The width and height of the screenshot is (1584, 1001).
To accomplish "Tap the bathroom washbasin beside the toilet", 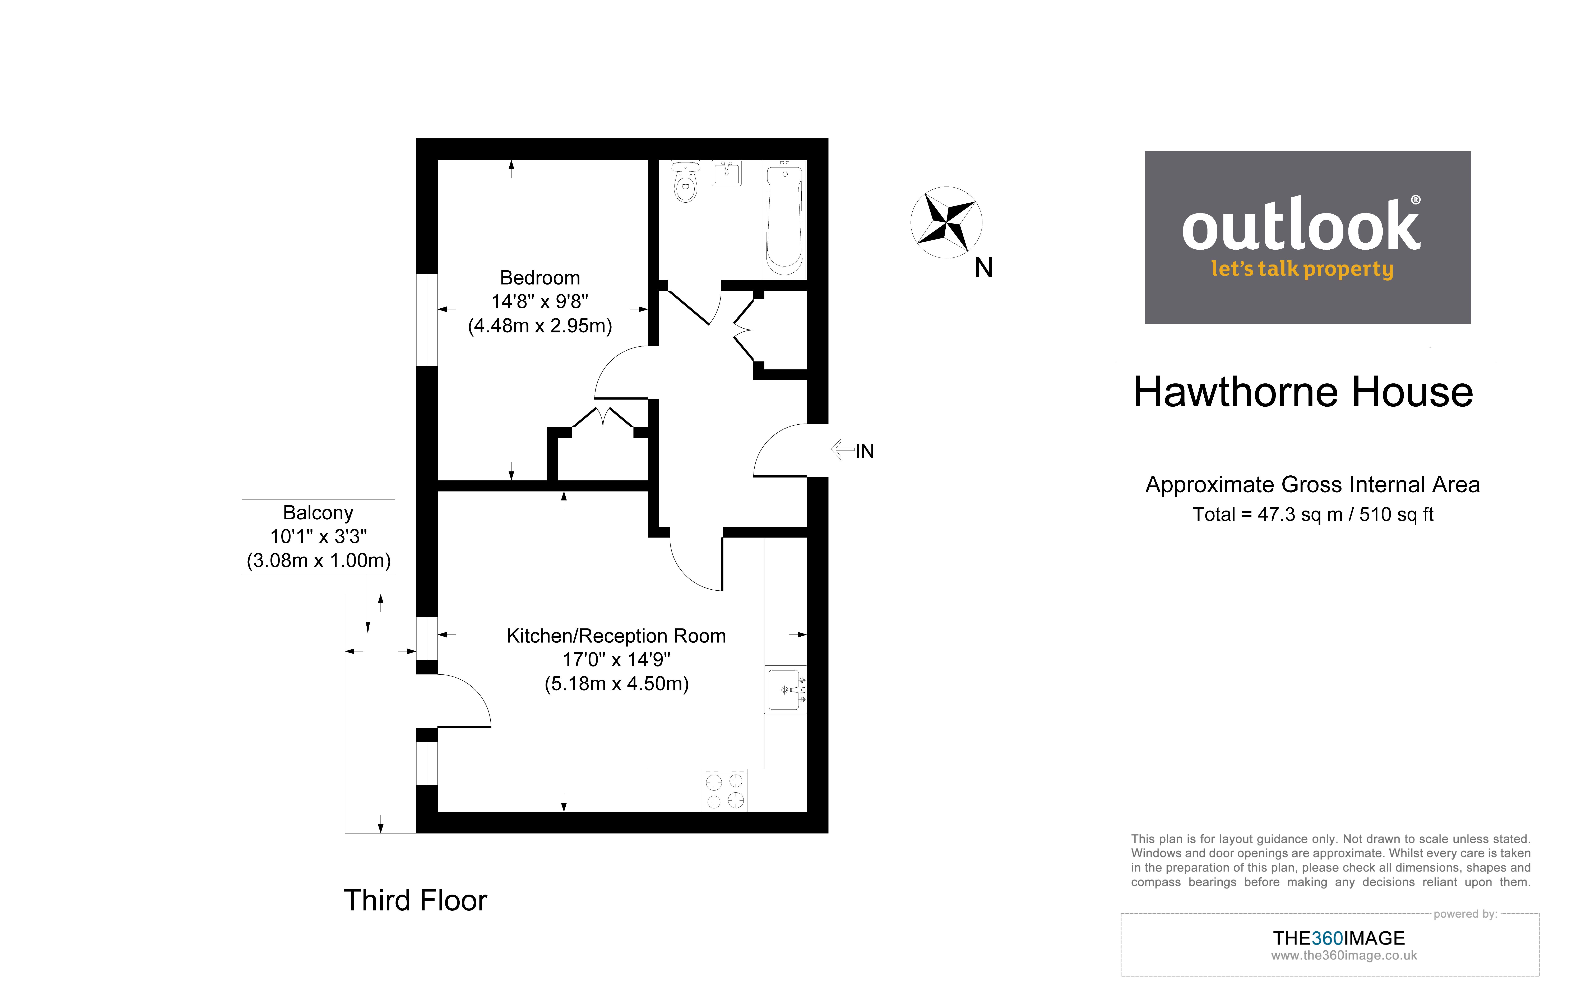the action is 727,173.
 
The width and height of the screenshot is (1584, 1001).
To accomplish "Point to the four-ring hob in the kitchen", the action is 724,790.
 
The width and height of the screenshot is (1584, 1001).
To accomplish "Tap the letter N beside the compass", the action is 983,268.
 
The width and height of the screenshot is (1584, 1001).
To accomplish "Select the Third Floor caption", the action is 415,900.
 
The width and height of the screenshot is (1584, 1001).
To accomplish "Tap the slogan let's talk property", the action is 1302,269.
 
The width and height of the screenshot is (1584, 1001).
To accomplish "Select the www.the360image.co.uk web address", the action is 1343,956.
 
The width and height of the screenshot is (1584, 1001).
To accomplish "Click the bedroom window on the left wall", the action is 427,320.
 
